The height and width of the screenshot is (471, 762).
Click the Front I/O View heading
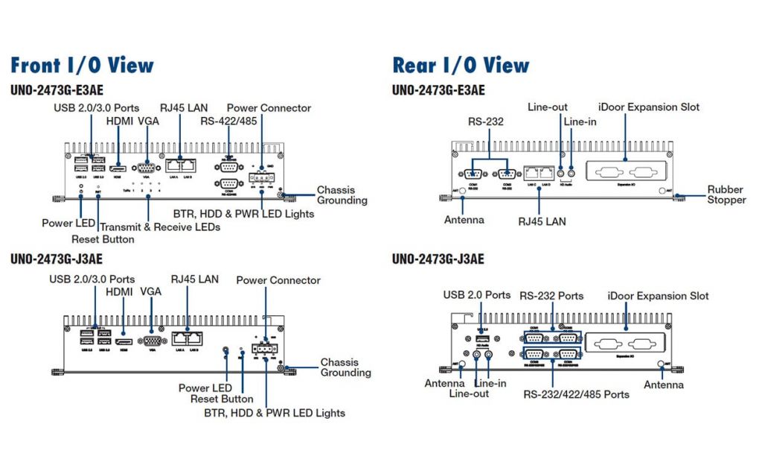(82, 65)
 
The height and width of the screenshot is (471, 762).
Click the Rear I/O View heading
(461, 65)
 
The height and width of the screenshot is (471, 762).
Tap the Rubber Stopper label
(726, 195)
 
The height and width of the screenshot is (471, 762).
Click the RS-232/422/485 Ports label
(576, 393)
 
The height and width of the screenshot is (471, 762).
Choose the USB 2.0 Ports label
(477, 295)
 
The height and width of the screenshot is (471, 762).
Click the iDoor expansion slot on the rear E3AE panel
(624, 171)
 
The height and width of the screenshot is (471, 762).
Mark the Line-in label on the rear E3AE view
(580, 121)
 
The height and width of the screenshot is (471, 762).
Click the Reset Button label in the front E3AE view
(103, 239)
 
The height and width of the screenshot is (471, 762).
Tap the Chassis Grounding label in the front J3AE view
(345, 367)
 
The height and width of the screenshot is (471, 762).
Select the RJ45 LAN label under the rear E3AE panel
(541, 221)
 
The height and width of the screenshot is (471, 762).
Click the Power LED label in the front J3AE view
(205, 388)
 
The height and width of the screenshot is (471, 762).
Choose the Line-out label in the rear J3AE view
(469, 393)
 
